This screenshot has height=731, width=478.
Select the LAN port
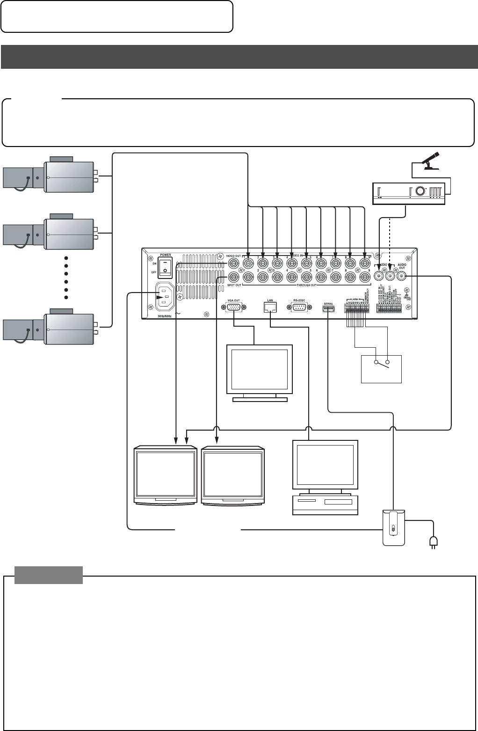pyautogui.click(x=270, y=307)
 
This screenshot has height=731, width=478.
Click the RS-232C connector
pyautogui.click(x=299, y=307)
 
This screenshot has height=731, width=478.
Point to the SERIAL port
pyautogui.click(x=328, y=308)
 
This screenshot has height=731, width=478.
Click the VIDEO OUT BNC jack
pyautogui.click(x=233, y=263)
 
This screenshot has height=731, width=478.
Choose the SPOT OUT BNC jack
pyautogui.click(x=233, y=277)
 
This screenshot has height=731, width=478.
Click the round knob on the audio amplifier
pyautogui.click(x=420, y=191)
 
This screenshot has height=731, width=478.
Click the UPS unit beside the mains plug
pyautogui.click(x=393, y=527)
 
